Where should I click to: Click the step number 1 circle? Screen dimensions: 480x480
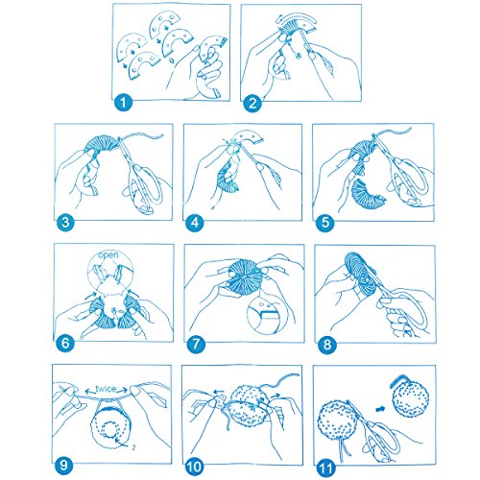click(123, 103)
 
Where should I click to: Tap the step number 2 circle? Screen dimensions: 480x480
click(252, 103)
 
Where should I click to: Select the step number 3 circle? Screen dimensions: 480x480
click(65, 222)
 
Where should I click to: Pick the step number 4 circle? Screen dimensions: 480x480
click(195, 223)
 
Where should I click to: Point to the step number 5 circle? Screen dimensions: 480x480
click(324, 223)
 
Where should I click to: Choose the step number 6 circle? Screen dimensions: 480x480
click(65, 343)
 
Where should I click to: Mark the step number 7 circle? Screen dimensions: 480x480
click(196, 344)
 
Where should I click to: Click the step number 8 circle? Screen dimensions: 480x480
click(327, 345)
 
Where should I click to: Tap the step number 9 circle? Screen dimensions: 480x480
click(63, 465)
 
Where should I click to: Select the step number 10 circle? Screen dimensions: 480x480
click(194, 467)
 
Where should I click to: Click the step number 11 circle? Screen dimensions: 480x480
click(325, 468)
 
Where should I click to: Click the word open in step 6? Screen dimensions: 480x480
click(108, 255)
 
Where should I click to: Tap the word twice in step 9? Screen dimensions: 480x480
click(106, 389)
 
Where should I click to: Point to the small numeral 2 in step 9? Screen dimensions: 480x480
click(133, 447)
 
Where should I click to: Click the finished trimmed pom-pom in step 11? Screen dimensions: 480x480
click(409, 399)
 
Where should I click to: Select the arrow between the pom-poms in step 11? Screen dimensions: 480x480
click(380, 409)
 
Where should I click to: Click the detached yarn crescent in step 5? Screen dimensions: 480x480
click(369, 194)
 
